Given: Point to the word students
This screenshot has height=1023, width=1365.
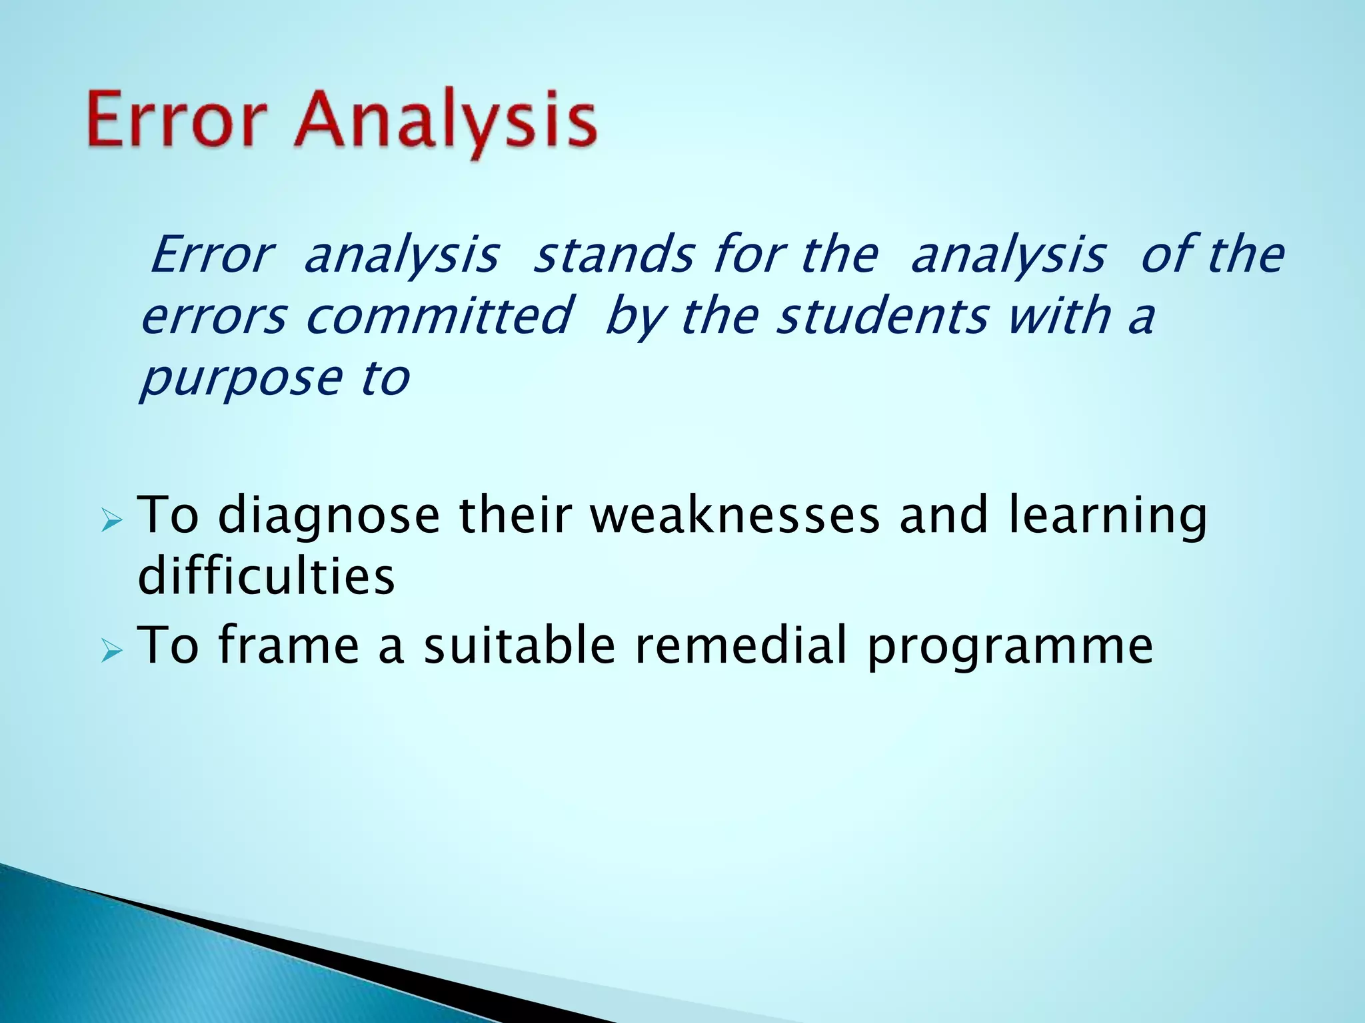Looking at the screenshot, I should click(x=882, y=316).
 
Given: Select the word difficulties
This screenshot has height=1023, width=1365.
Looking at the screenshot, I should click(x=265, y=575).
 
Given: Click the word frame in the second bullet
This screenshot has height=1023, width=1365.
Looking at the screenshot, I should click(x=288, y=645).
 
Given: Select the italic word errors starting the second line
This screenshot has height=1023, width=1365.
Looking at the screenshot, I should click(x=214, y=317).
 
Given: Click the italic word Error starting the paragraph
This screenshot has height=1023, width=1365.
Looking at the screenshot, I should click(x=211, y=255).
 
